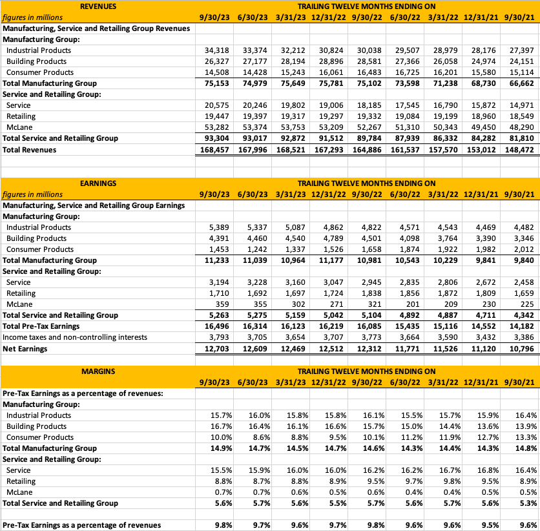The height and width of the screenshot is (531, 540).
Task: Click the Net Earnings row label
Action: click(25, 349)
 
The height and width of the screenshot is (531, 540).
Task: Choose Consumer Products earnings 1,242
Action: click(256, 249)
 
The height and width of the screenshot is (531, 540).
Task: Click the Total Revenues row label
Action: click(29, 150)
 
